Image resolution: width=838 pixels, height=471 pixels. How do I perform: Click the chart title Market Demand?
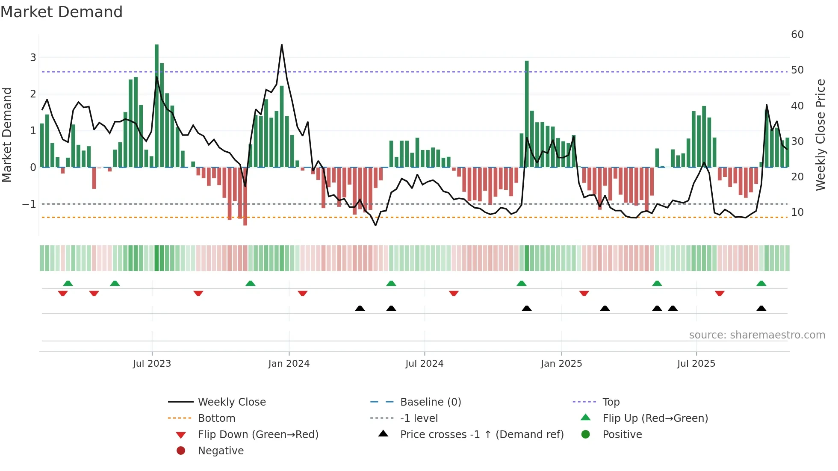62,12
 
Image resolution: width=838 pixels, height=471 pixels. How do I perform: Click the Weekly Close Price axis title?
820,135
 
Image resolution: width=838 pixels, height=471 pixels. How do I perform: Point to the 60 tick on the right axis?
797,35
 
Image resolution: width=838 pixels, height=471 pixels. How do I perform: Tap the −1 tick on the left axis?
29,204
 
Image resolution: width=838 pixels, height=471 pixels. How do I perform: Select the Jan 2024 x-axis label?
289,364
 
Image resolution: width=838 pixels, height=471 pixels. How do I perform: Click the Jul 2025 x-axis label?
696,364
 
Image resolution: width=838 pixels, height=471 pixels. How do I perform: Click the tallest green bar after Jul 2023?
156,107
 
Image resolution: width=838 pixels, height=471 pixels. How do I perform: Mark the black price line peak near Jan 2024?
282,45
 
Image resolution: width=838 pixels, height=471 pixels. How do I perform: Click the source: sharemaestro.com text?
757,335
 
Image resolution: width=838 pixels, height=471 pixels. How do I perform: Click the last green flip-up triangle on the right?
761,283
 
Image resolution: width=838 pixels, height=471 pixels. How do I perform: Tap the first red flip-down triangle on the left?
63,293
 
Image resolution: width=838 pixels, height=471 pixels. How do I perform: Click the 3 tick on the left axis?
33,58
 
